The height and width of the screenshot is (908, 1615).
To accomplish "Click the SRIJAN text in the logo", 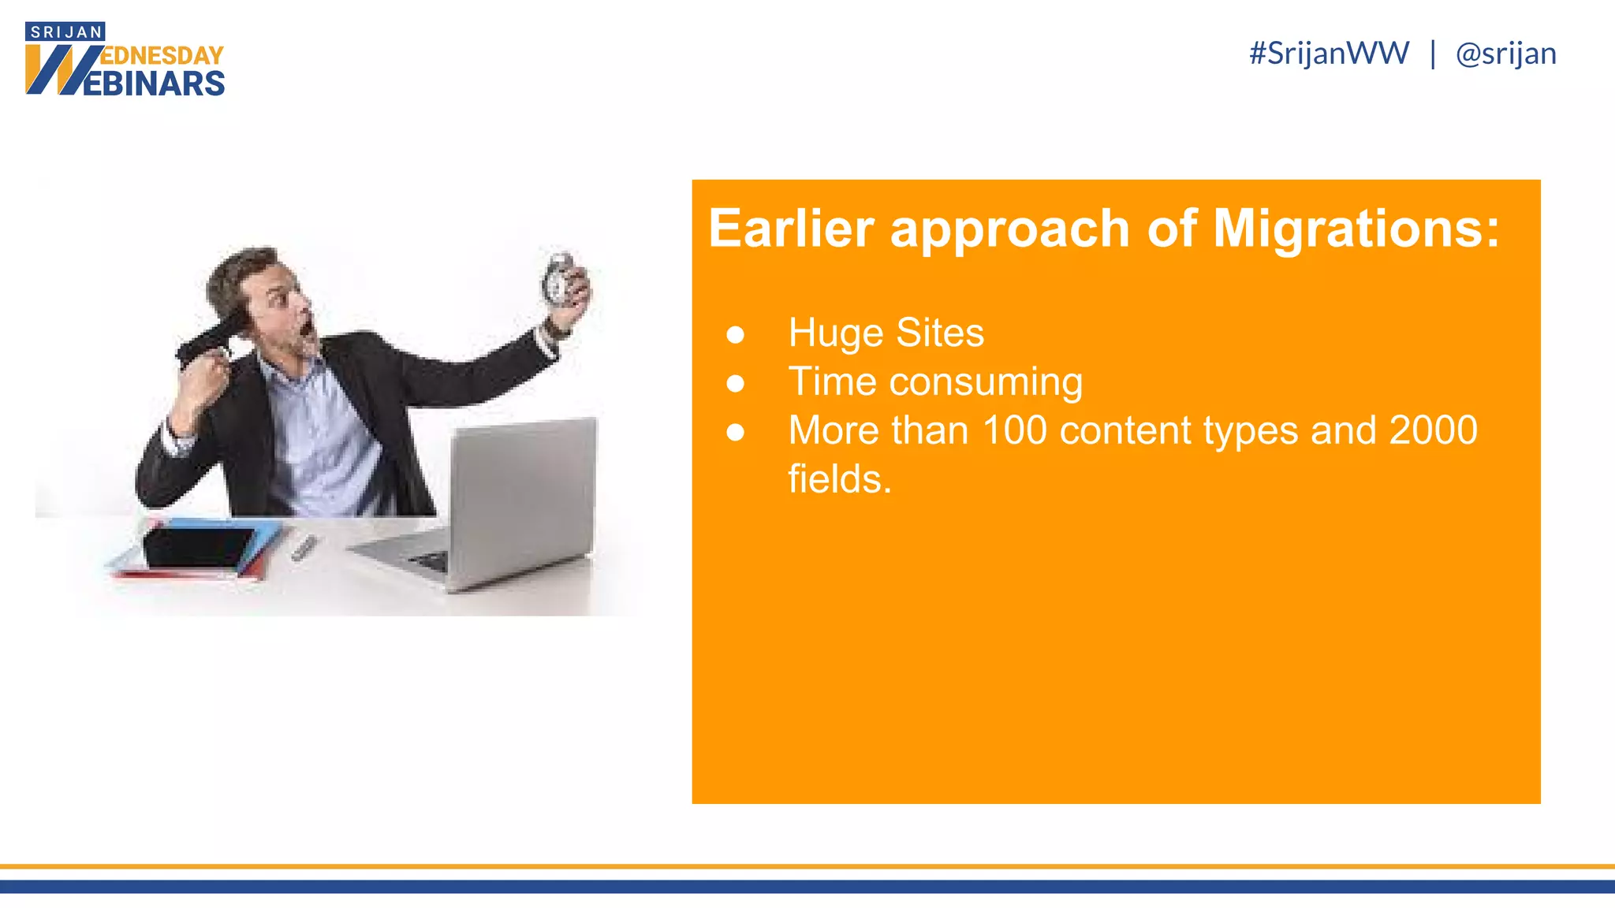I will [x=66, y=32].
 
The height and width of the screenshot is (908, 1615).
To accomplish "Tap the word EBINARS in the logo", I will [x=155, y=84].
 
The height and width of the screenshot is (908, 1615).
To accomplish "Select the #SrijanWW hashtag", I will [x=1329, y=54].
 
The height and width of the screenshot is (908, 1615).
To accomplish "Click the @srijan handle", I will [x=1505, y=54].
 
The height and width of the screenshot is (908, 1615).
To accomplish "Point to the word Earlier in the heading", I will [x=791, y=229].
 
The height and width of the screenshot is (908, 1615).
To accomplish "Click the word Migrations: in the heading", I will [x=1356, y=229].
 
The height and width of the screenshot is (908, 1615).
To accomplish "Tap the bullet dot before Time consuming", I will [x=735, y=383].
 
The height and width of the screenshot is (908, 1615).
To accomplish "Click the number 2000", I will [x=1433, y=430].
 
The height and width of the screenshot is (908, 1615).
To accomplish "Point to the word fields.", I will [x=839, y=479].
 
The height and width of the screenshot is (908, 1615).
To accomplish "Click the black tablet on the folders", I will [x=197, y=546].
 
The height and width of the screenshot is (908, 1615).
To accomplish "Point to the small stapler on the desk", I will [x=304, y=547].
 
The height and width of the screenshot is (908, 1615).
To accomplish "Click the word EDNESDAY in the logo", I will [x=162, y=56].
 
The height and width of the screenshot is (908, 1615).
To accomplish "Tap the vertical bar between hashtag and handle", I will [x=1432, y=54].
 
